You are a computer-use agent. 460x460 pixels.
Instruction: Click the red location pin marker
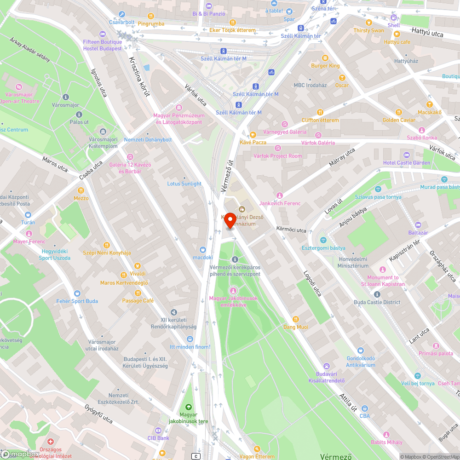click(x=230, y=220)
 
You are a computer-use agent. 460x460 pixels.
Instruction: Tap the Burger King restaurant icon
click(x=325, y=58)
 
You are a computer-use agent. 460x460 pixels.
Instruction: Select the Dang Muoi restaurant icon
click(x=296, y=319)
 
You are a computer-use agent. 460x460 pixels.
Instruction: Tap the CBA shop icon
click(x=365, y=408)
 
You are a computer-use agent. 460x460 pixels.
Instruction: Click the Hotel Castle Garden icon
click(x=406, y=155)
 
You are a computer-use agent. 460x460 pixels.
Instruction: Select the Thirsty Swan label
click(x=368, y=30)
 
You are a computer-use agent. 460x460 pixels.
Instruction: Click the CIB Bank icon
click(x=158, y=431)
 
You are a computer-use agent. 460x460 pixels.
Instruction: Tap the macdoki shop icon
click(x=202, y=250)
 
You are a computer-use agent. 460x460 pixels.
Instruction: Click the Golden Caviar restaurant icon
click(x=399, y=112)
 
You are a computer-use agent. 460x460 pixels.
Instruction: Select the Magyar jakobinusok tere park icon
click(x=188, y=407)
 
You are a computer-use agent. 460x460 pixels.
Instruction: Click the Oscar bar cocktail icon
click(x=342, y=78)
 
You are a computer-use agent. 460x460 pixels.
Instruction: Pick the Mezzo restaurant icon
click(x=81, y=190)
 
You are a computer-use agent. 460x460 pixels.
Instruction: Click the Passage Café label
click(x=138, y=301)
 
